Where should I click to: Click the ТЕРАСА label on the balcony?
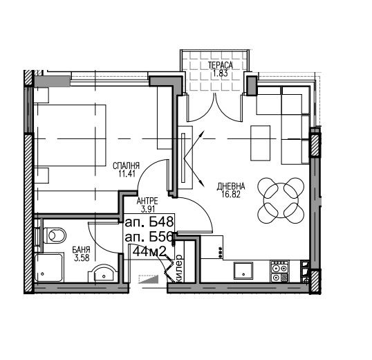[221, 65]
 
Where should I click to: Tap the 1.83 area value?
[221, 73]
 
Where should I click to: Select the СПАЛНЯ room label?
[126, 165]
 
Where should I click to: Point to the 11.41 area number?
[127, 174]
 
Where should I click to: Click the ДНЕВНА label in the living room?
[231, 186]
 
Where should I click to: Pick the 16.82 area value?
[231, 195]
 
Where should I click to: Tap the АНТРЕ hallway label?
[147, 201]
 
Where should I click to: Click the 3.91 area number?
[148, 209]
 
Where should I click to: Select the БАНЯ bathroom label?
[81, 250]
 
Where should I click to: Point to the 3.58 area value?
[82, 258]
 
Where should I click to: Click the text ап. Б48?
[149, 222]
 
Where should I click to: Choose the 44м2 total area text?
[149, 252]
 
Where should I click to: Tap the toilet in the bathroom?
[54, 235]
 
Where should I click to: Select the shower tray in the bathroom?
[49, 268]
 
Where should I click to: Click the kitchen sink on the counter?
[243, 270]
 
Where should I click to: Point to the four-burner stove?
[280, 271]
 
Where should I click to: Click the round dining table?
[281, 200]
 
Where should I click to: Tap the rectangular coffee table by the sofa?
[260, 143]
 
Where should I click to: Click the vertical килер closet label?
[179, 268]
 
